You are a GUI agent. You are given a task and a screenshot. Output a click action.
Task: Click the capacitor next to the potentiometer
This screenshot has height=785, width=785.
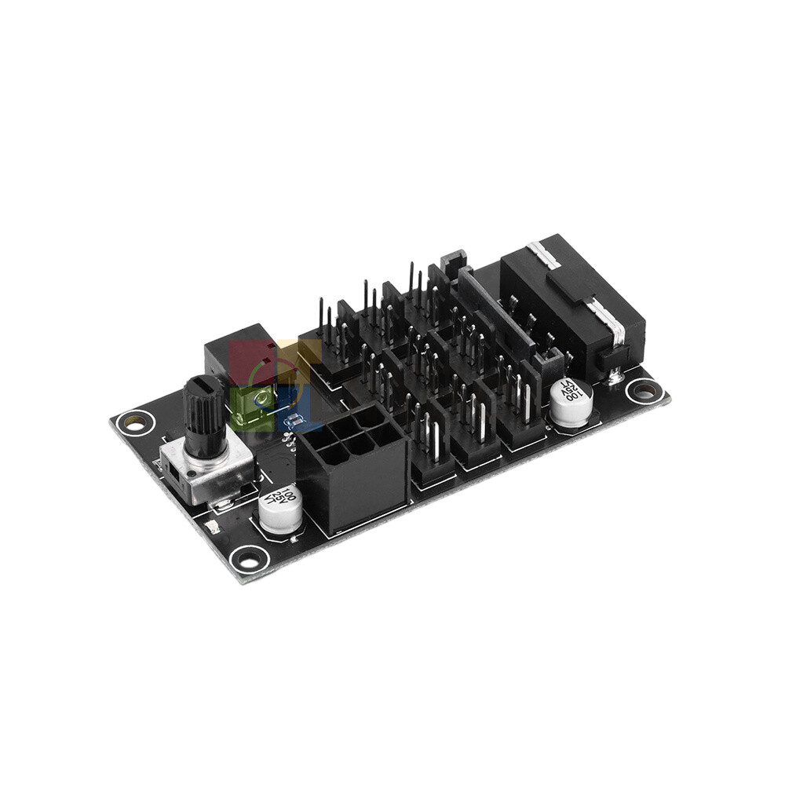tap(279, 510)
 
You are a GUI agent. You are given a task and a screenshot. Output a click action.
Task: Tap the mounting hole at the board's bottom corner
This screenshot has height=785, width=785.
tap(249, 559)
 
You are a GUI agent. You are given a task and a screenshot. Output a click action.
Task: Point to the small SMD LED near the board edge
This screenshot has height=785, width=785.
tap(211, 528)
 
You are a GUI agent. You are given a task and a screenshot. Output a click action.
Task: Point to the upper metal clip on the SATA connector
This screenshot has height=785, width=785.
tap(541, 254)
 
